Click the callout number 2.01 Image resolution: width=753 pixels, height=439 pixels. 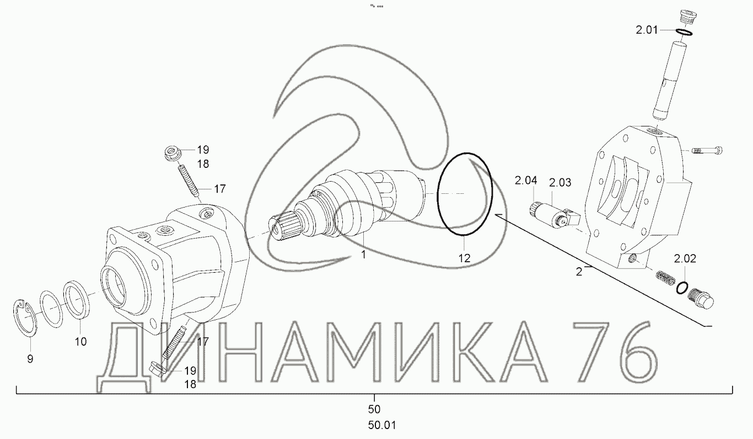[647, 30]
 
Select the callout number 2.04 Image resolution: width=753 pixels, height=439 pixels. [526, 181]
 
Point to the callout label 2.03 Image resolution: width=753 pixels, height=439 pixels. [560, 182]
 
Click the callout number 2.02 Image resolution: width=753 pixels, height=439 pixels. [685, 258]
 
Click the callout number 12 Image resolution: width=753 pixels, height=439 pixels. [464, 258]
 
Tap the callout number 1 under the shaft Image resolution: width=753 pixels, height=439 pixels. [363, 255]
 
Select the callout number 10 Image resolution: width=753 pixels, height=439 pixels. [80, 342]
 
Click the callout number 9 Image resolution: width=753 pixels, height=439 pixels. [30, 359]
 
